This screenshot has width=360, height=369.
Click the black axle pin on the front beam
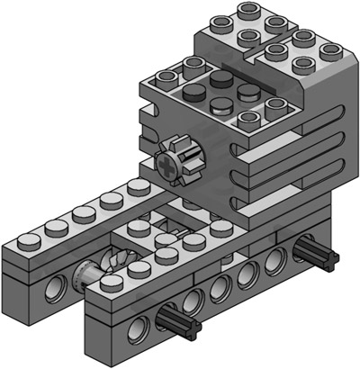(176, 317)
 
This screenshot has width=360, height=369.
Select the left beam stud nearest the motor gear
(139, 187)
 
